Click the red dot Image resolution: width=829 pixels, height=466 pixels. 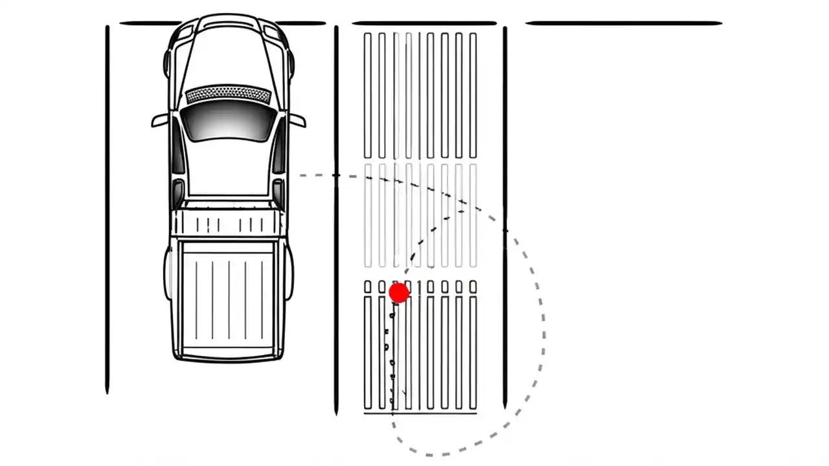coord(399,293)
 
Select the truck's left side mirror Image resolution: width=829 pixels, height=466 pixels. coord(159,121)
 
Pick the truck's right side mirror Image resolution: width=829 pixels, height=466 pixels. coord(297,120)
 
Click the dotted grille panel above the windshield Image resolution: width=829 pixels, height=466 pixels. coord(228,95)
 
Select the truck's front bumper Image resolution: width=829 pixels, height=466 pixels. coord(228,19)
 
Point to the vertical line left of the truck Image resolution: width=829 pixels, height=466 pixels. coord(108,207)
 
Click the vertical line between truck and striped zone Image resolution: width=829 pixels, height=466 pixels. coord(336,220)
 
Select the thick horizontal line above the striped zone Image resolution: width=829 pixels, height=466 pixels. coord(424,23)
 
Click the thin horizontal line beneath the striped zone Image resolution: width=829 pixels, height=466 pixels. coord(420,412)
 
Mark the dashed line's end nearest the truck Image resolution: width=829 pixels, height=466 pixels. coord(301,175)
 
